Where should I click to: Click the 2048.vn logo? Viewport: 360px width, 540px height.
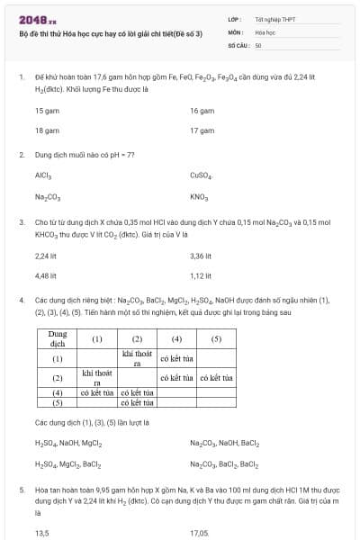click(37, 20)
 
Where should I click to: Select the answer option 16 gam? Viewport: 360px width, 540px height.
click(202, 111)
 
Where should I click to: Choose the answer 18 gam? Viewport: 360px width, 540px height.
click(47, 130)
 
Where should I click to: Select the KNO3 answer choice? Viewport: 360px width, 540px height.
click(199, 196)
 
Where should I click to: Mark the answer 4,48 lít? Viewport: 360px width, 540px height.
click(46, 275)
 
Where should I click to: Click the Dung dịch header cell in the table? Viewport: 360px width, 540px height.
click(57, 339)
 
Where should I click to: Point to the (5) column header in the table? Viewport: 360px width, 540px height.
click(216, 339)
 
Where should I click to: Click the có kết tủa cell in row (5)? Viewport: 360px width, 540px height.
click(138, 404)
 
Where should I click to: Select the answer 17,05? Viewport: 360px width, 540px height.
click(200, 533)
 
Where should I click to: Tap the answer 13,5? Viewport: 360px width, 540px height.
click(41, 533)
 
